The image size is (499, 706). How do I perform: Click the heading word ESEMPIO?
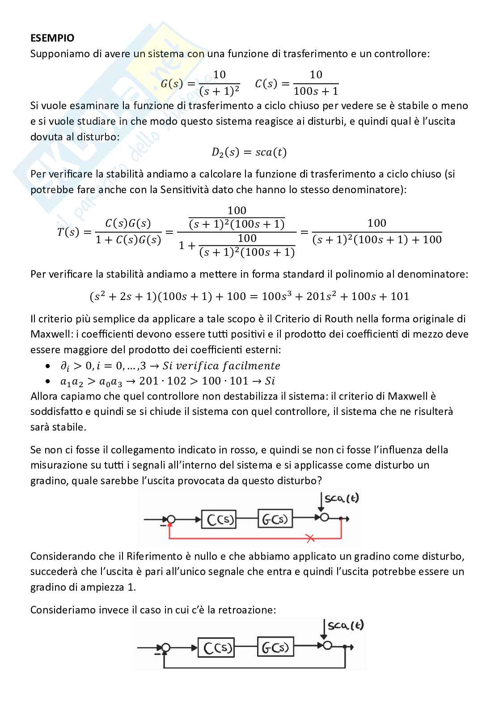pyautogui.click(x=52, y=38)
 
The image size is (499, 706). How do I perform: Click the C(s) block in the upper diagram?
pyautogui.click(x=219, y=519)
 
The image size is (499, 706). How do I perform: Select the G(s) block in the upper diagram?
pyautogui.click(x=275, y=519)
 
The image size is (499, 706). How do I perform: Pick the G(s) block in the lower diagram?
pyautogui.click(x=275, y=647)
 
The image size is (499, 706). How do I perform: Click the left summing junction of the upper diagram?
pyautogui.click(x=171, y=519)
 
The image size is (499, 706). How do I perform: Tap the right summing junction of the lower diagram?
pyautogui.click(x=328, y=645)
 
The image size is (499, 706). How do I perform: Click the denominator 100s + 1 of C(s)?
pyautogui.click(x=316, y=91)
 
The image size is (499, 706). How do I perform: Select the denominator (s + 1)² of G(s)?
pyautogui.click(x=219, y=91)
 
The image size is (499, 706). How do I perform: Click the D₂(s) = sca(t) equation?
pyautogui.click(x=249, y=152)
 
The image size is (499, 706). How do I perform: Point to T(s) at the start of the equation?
pyautogui.click(x=68, y=232)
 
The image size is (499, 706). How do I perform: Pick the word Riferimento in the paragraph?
pyautogui.click(x=153, y=556)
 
